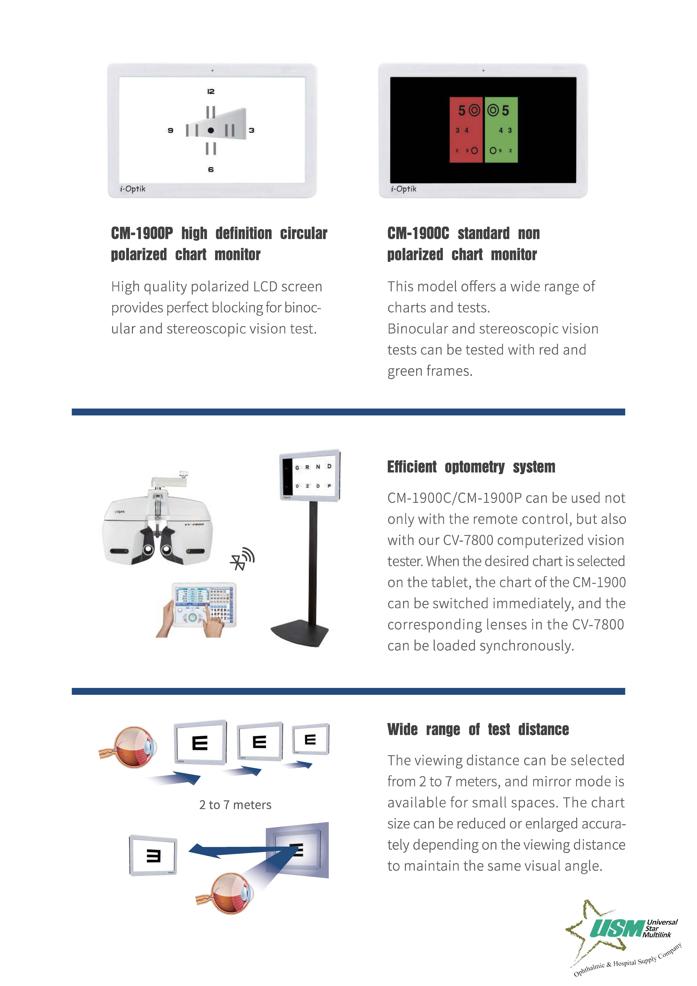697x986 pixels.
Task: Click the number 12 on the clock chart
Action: point(210,91)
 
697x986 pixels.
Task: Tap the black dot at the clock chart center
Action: point(210,130)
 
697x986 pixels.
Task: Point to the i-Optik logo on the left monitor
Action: point(133,189)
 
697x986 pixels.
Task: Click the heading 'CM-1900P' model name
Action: point(142,234)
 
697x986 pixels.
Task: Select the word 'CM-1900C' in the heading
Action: point(418,234)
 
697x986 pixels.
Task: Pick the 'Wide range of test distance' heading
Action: point(478,729)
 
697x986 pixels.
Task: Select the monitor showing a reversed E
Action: point(153,855)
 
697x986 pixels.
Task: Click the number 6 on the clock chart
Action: point(210,170)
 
